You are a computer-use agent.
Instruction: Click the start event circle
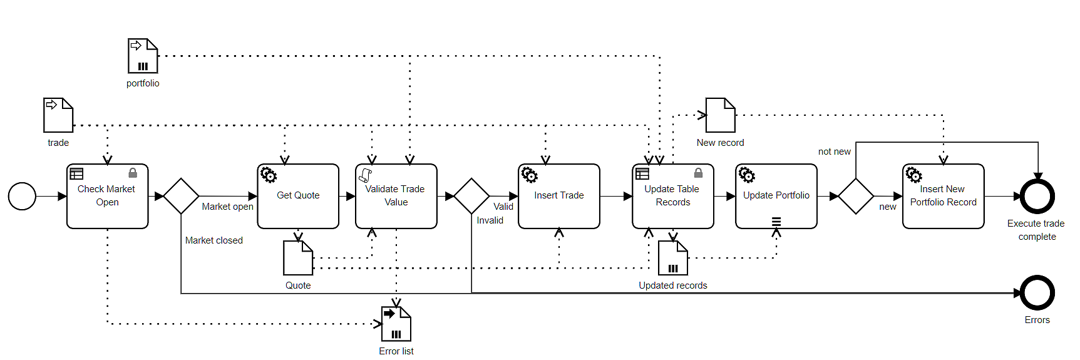pyautogui.click(x=22, y=196)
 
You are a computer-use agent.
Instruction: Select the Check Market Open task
pyautogui.click(x=107, y=196)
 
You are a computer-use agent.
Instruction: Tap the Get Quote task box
pyautogui.click(x=298, y=196)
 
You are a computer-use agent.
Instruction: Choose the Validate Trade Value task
pyautogui.click(x=396, y=196)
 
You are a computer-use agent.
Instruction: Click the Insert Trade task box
pyautogui.click(x=558, y=196)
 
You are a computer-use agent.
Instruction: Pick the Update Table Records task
pyautogui.click(x=672, y=196)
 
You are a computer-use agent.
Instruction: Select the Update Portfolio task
pyautogui.click(x=776, y=196)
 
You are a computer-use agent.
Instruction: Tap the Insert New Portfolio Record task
pyautogui.click(x=943, y=196)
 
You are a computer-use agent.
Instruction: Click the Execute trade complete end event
pyautogui.click(x=1037, y=196)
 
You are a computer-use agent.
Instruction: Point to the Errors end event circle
pyautogui.click(x=1037, y=292)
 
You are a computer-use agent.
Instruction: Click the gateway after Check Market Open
pyautogui.click(x=181, y=196)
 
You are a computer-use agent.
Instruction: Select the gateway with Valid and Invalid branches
pyautogui.click(x=471, y=196)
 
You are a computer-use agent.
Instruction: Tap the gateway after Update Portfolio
pyautogui.click(x=856, y=196)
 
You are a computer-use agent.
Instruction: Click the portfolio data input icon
pyautogui.click(x=143, y=56)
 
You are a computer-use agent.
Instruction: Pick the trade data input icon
pyautogui.click(x=58, y=115)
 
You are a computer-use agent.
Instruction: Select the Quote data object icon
pyautogui.click(x=298, y=258)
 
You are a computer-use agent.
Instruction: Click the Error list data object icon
pyautogui.click(x=396, y=324)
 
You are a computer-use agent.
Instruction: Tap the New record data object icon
pyautogui.click(x=720, y=115)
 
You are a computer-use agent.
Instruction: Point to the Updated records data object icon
pyautogui.click(x=673, y=258)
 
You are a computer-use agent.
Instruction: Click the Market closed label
pyautogui.click(x=213, y=240)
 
